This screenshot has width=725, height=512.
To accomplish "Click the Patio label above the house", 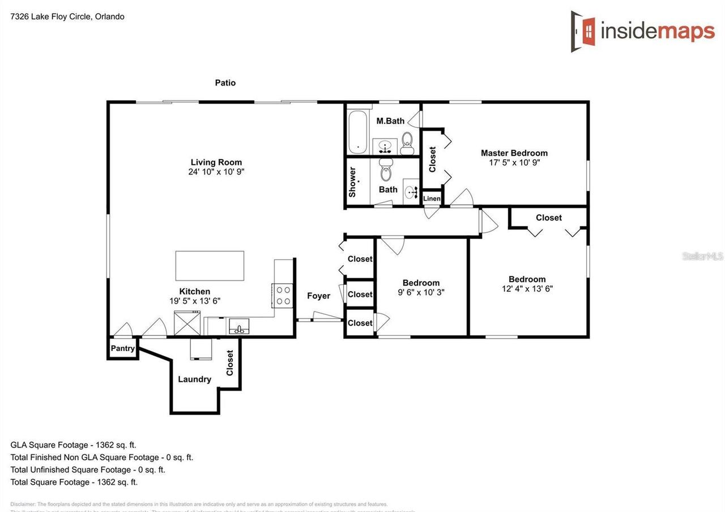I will pyautogui.click(x=225, y=83).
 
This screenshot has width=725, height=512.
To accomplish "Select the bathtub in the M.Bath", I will pyautogui.click(x=357, y=132).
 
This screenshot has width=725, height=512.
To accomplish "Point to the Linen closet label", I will pyautogui.click(x=432, y=198).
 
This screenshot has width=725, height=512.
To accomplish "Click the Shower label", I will pyautogui.click(x=352, y=182).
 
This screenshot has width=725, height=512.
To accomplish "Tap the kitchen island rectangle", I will pyautogui.click(x=210, y=266).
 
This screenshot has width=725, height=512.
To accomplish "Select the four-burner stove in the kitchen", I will pyautogui.click(x=283, y=295).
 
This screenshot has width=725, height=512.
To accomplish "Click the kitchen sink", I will pyautogui.click(x=239, y=327).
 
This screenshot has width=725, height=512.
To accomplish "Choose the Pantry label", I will pyautogui.click(x=123, y=348).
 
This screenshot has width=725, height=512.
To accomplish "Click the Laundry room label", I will pyautogui.click(x=194, y=379).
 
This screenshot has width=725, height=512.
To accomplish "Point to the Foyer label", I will pyautogui.click(x=318, y=296).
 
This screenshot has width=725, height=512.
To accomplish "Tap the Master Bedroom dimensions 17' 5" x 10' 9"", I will pyautogui.click(x=514, y=163).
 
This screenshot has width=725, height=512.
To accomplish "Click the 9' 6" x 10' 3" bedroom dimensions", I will pyautogui.click(x=421, y=292).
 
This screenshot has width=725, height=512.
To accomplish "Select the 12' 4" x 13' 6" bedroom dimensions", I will pyautogui.click(x=527, y=288).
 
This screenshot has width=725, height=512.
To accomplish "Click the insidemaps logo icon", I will pyautogui.click(x=583, y=31).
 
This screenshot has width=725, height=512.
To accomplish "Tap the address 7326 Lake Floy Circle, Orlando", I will pyautogui.click(x=67, y=16).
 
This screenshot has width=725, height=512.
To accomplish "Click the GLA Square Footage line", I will pyautogui.click(x=73, y=445).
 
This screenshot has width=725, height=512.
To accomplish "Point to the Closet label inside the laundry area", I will pyautogui.click(x=230, y=362).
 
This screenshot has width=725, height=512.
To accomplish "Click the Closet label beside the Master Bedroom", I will pyautogui.click(x=433, y=159).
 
